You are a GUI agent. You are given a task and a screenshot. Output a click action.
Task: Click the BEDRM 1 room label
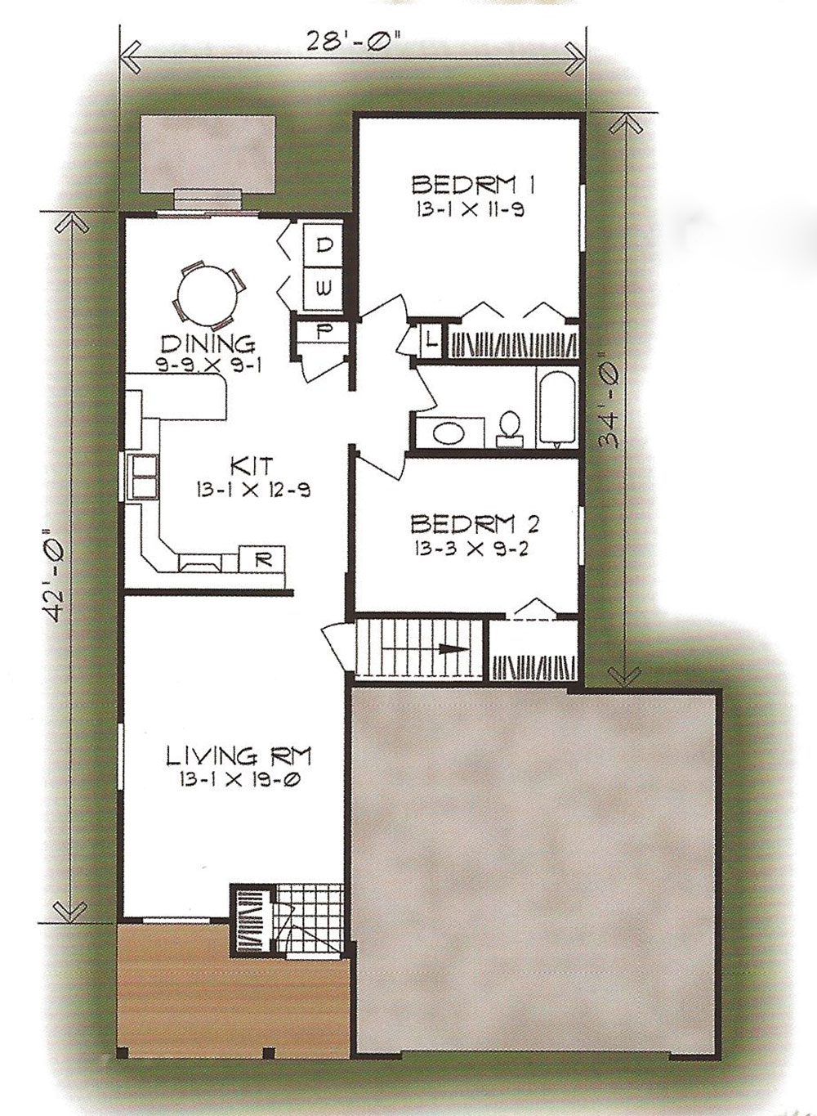coord(474,186)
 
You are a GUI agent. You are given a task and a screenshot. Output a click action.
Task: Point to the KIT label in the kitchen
coord(252,466)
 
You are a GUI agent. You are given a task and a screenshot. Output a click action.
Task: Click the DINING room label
coord(208,343)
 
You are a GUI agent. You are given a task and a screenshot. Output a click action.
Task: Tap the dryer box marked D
coord(324,245)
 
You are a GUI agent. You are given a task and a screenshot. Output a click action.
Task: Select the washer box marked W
coord(324,289)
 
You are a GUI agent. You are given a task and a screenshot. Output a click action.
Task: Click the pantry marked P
coord(322,332)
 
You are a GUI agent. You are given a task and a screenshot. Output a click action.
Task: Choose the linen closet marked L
coord(431,342)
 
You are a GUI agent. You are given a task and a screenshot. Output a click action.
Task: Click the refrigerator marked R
coord(262,559)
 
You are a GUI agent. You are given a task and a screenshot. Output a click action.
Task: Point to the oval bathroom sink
coord(449,433)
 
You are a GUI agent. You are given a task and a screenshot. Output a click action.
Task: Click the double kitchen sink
coord(145,477)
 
